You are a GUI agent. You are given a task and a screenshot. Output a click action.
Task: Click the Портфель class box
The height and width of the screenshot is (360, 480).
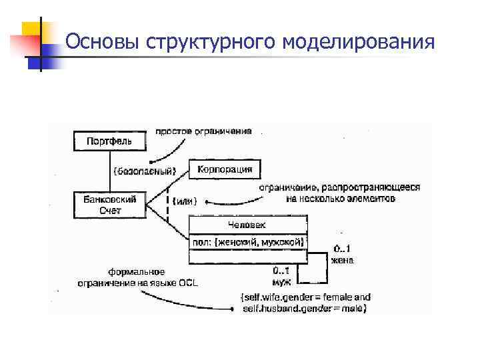[x=109, y=141]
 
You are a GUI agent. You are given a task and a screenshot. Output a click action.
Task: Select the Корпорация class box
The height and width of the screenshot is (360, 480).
[x=225, y=169]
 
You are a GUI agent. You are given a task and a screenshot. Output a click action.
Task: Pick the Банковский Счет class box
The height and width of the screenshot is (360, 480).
[x=109, y=205]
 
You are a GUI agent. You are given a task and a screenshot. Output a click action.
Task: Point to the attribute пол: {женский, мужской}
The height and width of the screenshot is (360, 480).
[x=248, y=242]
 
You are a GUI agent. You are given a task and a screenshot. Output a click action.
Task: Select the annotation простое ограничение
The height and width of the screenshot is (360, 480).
[x=203, y=131]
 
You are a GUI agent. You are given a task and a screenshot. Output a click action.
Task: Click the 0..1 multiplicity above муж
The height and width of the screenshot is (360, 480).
[x=281, y=271]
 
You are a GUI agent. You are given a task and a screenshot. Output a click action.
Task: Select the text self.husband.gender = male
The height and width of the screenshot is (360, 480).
[x=304, y=309]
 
